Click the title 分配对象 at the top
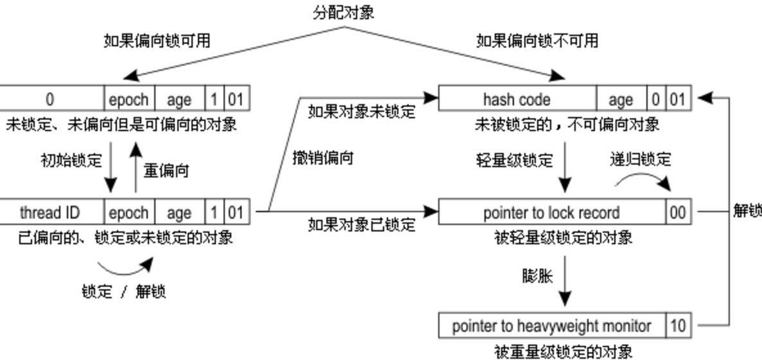[343, 12]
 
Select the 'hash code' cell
[517, 100]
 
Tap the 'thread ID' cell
[49, 213]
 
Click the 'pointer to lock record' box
[551, 213]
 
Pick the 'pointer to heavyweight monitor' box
[551, 326]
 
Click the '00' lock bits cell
[678, 213]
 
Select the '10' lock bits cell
[678, 326]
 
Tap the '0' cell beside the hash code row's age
[655, 100]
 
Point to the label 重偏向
[166, 171]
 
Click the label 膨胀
[537, 276]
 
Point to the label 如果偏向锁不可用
[537, 41]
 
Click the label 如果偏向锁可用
[157, 41]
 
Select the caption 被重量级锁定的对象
[563, 351]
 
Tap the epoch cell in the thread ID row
[128, 213]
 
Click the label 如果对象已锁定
[361, 225]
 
